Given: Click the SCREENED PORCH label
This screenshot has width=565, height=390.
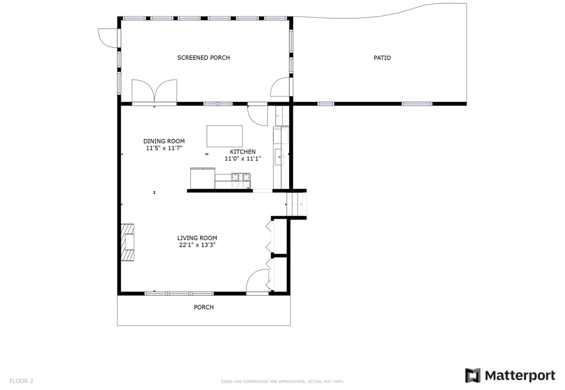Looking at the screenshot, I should coord(203,58).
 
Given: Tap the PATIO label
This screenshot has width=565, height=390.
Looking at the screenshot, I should coord(382,58).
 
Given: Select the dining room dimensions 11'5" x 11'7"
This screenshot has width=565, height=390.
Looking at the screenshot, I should coord(164,148).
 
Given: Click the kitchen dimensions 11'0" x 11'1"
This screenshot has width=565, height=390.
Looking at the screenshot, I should coord(242,159).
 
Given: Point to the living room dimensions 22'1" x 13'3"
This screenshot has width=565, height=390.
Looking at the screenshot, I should coord(197,245).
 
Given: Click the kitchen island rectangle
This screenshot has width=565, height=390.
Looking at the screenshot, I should coord(224,136).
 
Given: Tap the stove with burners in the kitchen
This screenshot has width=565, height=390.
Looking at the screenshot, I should coord(241,180).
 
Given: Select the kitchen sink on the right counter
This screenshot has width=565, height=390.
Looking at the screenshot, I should coord(279,157).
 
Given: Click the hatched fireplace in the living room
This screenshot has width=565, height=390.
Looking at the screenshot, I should coord(127,242).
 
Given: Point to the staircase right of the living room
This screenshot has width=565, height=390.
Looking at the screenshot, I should coord(296,205).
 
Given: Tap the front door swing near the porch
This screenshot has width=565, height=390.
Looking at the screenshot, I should coord(258,281).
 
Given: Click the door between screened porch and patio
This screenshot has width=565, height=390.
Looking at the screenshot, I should coord(280,87).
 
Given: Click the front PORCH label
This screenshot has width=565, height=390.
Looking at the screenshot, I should coord(204,307).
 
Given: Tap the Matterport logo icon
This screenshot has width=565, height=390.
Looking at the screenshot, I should coord(473,375).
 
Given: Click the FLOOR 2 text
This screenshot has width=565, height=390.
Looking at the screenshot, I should coord(21,381).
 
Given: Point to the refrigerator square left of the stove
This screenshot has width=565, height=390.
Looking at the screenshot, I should coord(202,178).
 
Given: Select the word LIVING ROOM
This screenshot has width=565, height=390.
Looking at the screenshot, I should coord(197,238).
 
